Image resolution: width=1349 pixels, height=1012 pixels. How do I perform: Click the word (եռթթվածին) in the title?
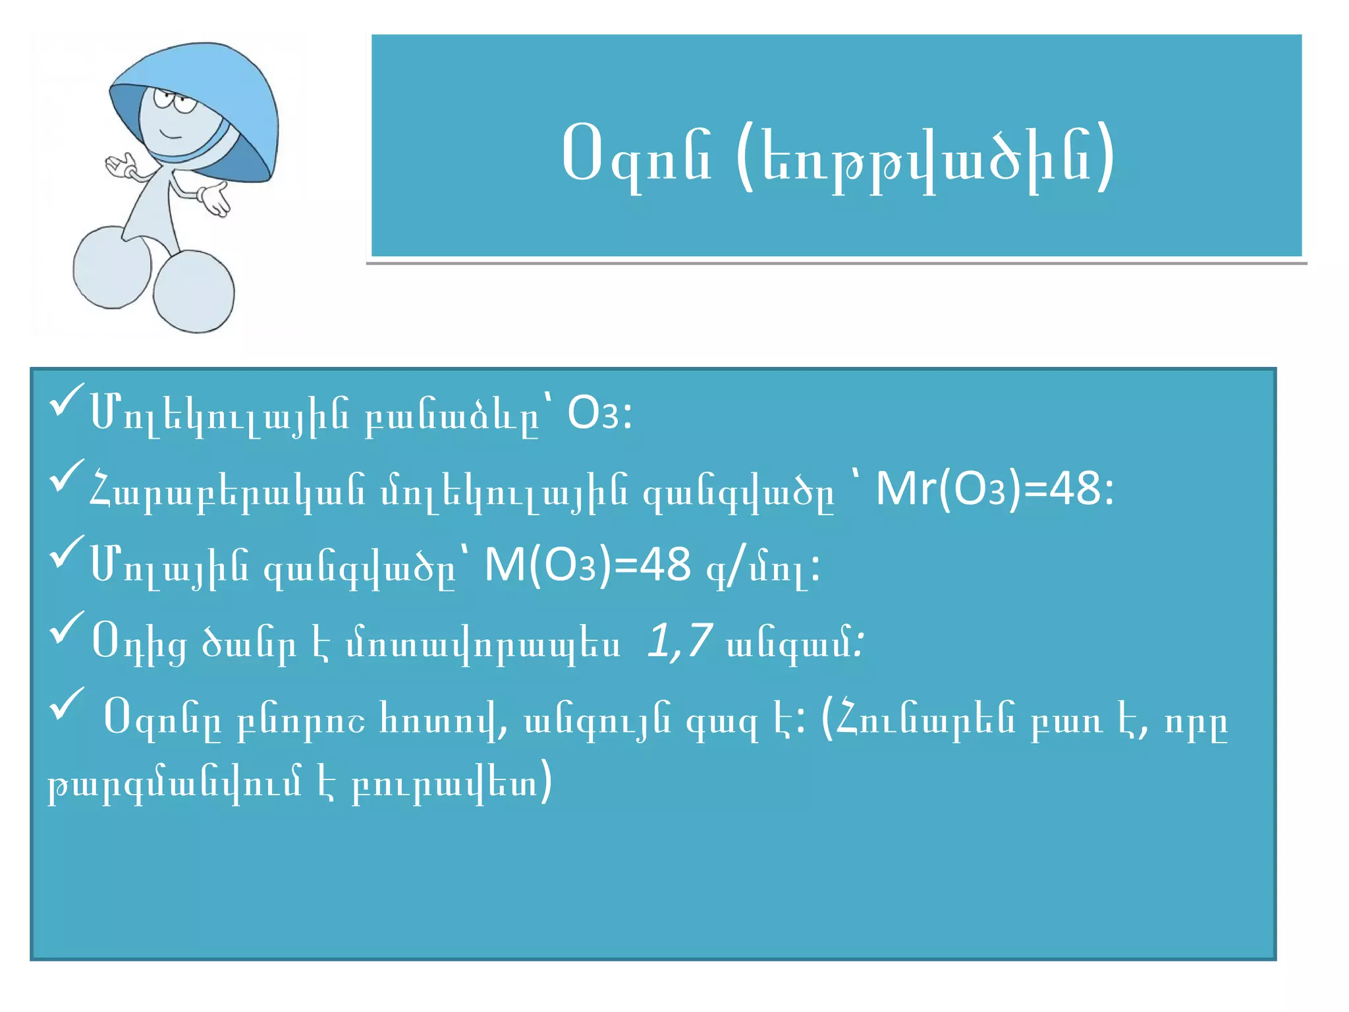tap(925, 159)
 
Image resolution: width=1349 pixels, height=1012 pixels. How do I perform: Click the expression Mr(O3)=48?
tap(993, 490)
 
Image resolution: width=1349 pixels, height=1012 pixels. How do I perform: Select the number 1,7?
tap(679, 640)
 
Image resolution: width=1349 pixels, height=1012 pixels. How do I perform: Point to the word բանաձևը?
tap(452, 417)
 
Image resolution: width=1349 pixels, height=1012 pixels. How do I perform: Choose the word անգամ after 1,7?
tap(790, 642)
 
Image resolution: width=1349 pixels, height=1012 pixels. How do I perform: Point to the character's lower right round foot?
tap(194, 291)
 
